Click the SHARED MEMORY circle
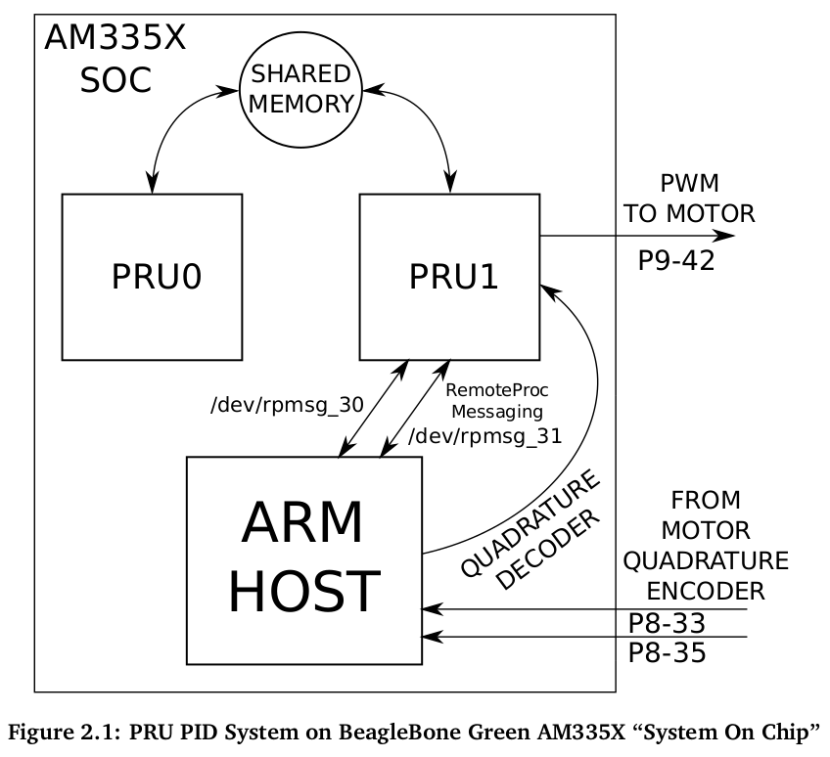point(300,88)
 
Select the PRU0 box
point(153,277)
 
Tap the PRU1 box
point(449,277)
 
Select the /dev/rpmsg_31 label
point(485,436)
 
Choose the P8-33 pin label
point(667,623)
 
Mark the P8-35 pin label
point(667,652)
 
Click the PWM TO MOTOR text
point(689,199)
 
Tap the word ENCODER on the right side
point(706,590)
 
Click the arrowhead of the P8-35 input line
point(431,638)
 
